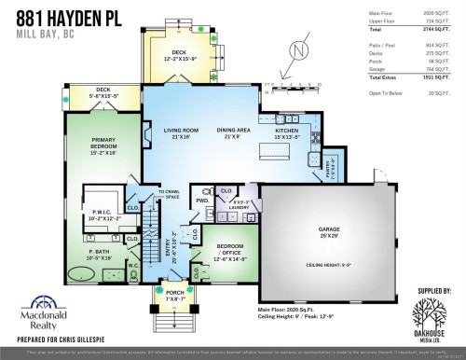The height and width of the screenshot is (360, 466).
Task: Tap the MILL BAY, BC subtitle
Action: (40, 34)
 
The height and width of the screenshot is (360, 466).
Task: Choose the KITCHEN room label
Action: (287, 133)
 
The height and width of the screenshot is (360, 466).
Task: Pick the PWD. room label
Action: (201, 200)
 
